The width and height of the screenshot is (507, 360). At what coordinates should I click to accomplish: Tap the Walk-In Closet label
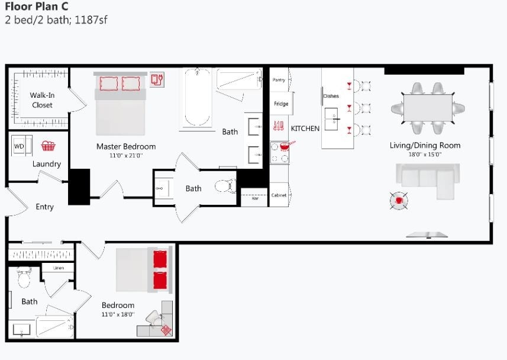click(41, 100)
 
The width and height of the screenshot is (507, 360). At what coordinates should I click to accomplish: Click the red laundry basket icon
click(48, 146)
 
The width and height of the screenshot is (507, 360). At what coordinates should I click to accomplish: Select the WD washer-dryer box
click(20, 146)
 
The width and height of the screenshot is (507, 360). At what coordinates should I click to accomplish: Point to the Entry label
click(44, 207)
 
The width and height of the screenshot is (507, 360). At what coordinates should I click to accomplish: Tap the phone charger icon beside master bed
click(157, 79)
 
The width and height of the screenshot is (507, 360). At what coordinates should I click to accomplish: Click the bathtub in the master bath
click(196, 98)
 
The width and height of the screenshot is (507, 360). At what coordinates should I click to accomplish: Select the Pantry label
click(279, 79)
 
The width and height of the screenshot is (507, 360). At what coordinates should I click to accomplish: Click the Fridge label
click(281, 104)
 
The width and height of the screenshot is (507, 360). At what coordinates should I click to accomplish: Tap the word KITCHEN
click(305, 128)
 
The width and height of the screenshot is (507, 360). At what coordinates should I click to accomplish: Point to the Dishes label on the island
click(331, 95)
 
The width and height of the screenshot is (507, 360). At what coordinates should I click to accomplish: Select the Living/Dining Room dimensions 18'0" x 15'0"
click(424, 155)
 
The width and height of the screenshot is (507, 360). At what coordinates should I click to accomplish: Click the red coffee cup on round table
click(399, 201)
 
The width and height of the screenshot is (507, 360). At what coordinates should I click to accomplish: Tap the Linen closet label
click(59, 268)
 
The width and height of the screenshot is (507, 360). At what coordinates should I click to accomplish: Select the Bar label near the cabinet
click(256, 198)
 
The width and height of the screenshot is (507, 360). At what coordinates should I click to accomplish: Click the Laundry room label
click(47, 164)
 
